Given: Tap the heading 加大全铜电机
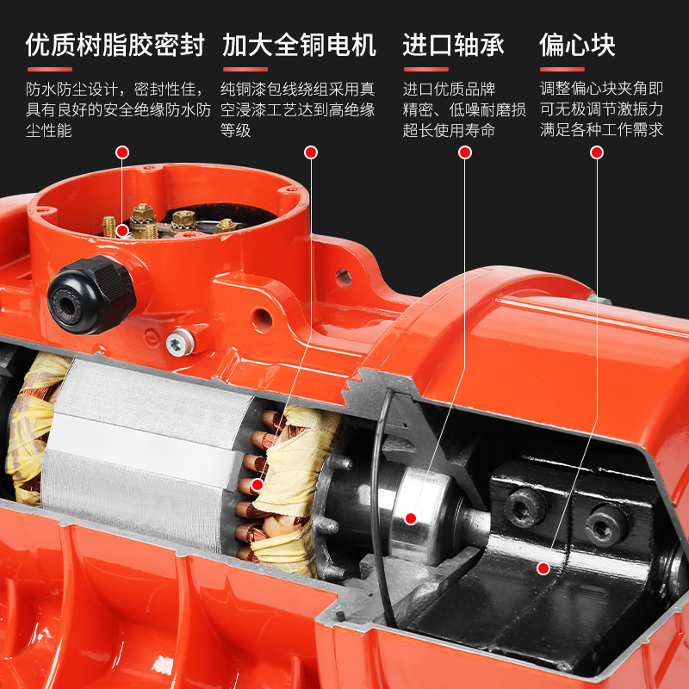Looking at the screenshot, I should (x=299, y=45).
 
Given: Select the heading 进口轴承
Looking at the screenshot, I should (x=454, y=45).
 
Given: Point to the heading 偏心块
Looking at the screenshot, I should (x=577, y=45).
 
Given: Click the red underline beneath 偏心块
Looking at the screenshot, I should (x=562, y=70).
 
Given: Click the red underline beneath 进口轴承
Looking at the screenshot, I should (x=425, y=70).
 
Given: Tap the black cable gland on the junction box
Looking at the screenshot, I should (x=90, y=295).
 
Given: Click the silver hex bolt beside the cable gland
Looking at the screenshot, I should (x=179, y=341).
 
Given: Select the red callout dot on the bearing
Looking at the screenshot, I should (x=411, y=518).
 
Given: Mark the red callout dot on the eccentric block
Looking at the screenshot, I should (x=543, y=568).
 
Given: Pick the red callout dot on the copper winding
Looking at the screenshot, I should (x=258, y=485).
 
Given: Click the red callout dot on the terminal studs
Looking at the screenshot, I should (x=123, y=231).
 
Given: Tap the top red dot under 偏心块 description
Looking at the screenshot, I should (x=596, y=152).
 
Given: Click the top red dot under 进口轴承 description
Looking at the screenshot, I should (x=465, y=152).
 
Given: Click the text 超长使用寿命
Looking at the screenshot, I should (x=449, y=131).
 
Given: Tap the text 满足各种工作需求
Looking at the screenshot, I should (x=601, y=131).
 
